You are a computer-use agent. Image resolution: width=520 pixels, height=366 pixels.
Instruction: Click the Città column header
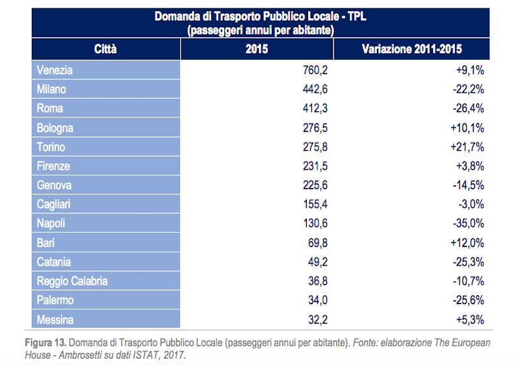(x=105, y=49)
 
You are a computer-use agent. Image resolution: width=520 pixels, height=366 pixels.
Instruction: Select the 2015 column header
(x=257, y=49)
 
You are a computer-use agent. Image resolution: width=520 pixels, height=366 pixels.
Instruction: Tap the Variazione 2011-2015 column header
(x=411, y=49)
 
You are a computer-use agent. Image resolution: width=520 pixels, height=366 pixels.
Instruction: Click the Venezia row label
(x=55, y=70)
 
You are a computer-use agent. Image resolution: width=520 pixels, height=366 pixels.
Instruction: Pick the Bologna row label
(x=55, y=128)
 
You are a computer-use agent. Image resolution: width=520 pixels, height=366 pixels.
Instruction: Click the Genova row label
(x=54, y=185)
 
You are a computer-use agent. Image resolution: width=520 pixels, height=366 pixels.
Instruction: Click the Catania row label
(x=54, y=262)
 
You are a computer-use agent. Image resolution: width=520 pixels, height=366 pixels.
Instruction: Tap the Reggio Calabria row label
(x=72, y=281)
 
